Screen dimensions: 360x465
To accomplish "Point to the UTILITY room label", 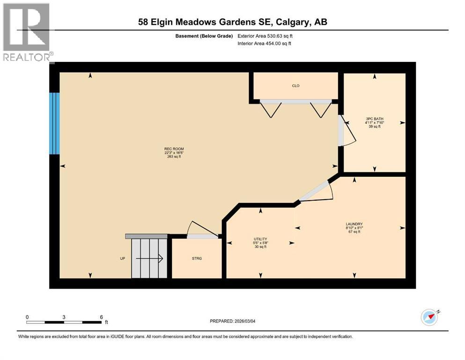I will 259,242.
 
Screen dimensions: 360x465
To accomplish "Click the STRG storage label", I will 197,258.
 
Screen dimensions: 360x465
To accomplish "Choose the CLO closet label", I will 295,86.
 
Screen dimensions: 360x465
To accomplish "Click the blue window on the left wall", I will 54,123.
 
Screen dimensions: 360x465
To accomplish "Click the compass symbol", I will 429,317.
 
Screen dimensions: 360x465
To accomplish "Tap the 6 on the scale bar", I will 101,316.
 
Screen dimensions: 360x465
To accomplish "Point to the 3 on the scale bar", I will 64,316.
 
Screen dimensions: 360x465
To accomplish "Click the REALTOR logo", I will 27,33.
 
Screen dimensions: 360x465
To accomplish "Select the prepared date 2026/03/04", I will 262,321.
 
